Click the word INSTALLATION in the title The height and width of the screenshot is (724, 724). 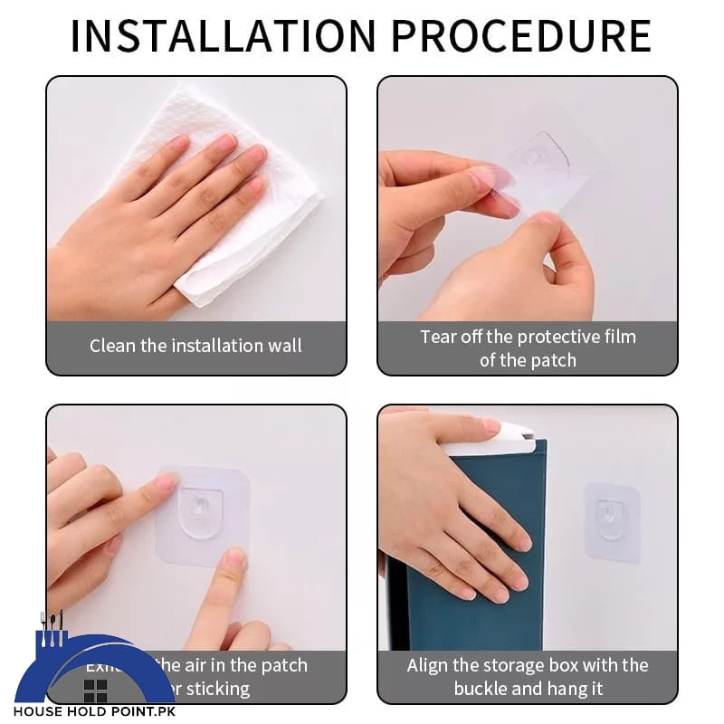[x=222, y=36]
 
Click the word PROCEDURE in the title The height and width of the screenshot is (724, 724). [x=521, y=36]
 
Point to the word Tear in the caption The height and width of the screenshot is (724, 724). [x=437, y=337]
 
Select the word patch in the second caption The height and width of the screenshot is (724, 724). [x=553, y=360]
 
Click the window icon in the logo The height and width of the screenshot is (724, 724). [x=95, y=691]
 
